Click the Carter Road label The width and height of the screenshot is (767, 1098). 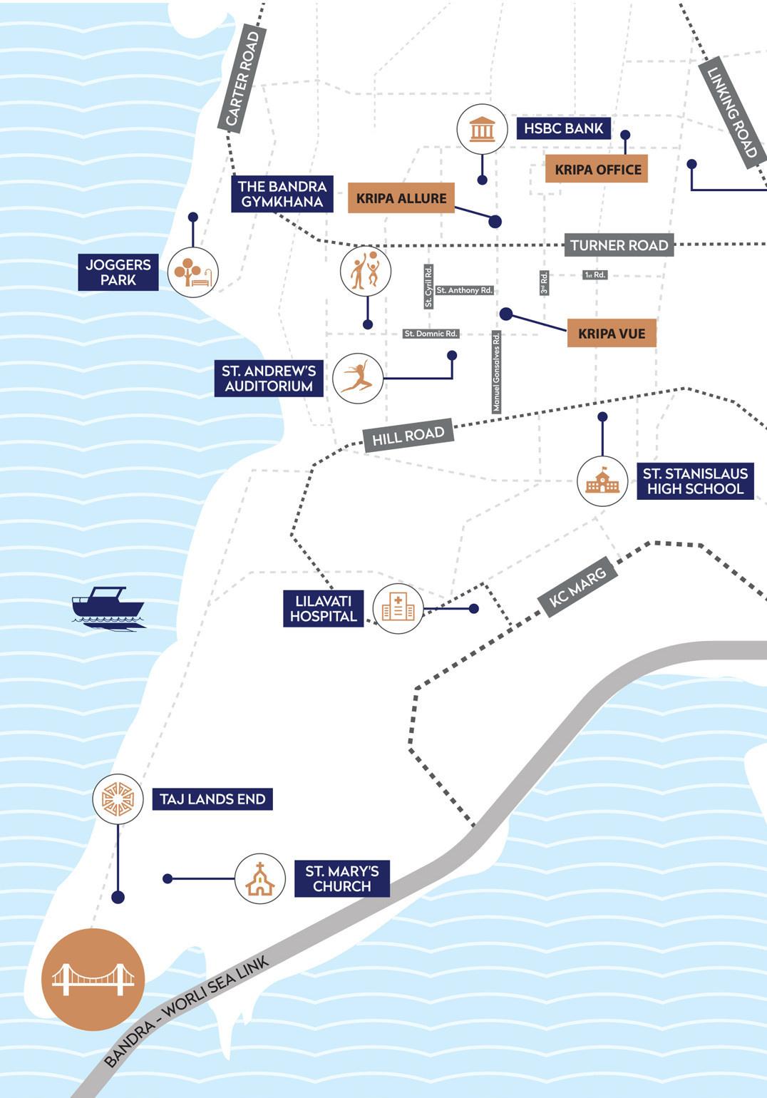pos(243,79)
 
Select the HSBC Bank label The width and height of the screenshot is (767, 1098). pos(563,128)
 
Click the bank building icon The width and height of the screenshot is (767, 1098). pos(482,129)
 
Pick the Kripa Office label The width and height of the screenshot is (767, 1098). pos(597,170)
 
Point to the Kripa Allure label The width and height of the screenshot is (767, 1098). pos(401,198)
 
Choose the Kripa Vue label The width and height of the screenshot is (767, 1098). pos(611,333)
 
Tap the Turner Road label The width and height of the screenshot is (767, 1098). pos(619,245)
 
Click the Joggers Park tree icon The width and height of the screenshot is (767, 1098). pos(192,272)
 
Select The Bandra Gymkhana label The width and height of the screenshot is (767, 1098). pos(282,194)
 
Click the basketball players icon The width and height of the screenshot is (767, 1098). pos(366,271)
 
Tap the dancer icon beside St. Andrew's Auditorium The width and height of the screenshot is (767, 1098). pos(358,378)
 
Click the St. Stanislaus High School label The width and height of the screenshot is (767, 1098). pos(695,481)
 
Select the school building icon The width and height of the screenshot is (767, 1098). pos(602,481)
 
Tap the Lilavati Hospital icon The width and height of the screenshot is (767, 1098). pos(398,608)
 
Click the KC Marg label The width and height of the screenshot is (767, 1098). pos(577,587)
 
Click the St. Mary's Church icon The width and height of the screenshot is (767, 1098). pos(260,878)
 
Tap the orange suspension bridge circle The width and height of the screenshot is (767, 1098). pos(93,980)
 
